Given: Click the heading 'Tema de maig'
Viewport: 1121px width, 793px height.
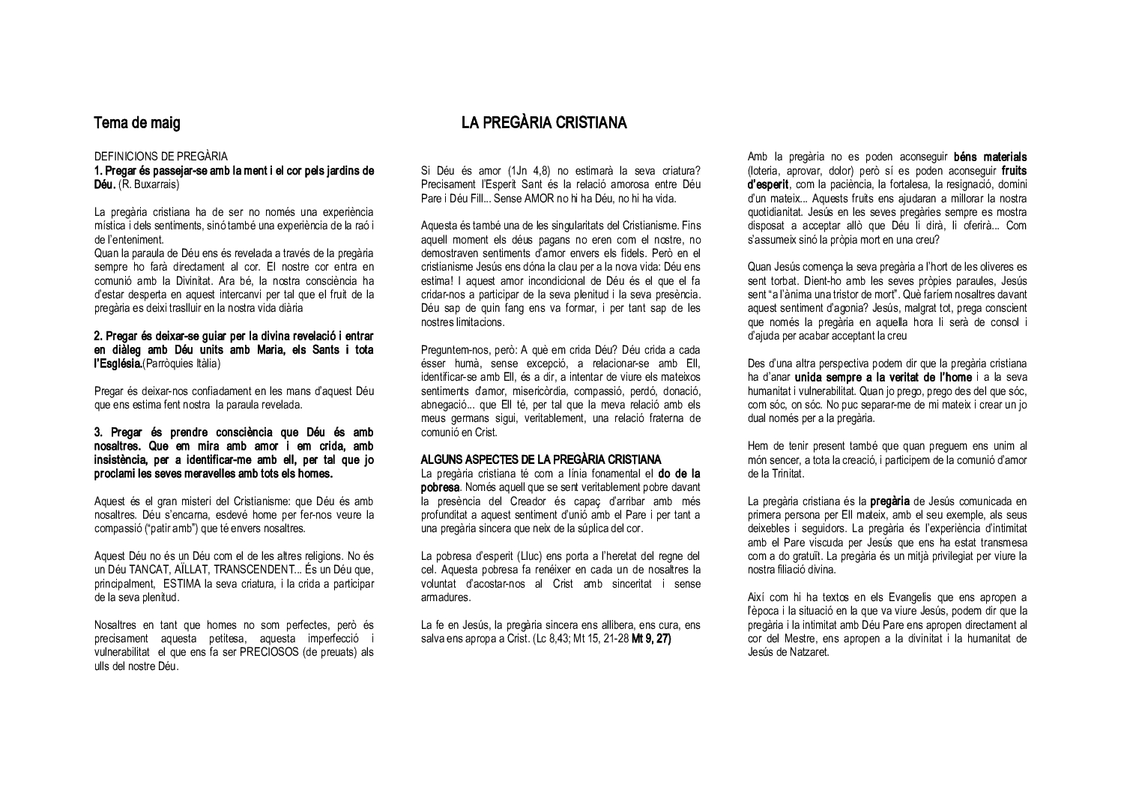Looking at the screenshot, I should point(137,123).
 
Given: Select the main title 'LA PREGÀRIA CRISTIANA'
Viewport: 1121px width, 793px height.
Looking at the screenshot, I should point(544,123).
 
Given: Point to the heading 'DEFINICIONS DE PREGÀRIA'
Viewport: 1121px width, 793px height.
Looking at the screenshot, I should point(161,157).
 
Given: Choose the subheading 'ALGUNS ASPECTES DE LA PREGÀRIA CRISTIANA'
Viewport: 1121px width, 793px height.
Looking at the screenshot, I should point(541,459).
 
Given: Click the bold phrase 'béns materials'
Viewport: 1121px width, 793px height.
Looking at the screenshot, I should point(990,157).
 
